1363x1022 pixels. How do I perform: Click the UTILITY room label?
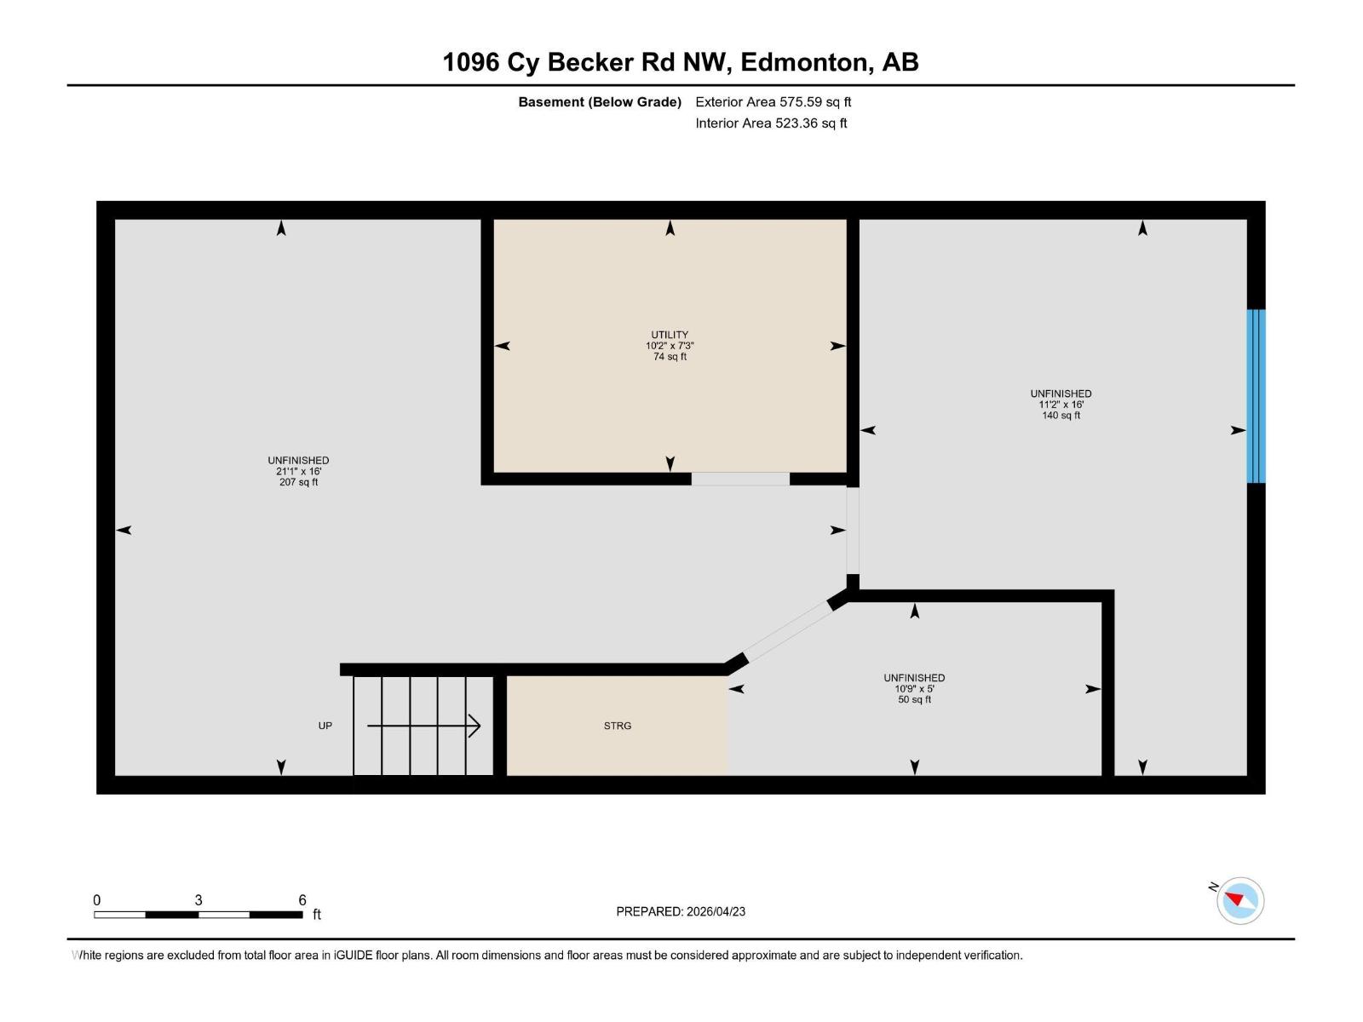coord(670,335)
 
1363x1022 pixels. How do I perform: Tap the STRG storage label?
coord(618,726)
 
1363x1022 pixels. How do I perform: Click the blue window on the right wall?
coord(1256,396)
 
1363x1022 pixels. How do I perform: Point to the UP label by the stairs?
coord(325,726)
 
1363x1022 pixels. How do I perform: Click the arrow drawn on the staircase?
coord(424,726)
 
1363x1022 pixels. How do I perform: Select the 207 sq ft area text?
coord(298,482)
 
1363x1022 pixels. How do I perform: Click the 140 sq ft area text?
coord(1061,416)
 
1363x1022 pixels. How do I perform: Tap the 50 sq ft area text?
coord(914,700)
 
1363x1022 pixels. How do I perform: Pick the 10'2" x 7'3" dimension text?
coord(670,346)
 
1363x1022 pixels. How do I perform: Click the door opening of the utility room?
coord(739,479)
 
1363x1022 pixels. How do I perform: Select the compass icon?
coord(1239,900)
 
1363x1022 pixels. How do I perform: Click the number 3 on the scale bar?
coord(198,900)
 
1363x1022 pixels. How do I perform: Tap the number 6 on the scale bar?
coord(302,900)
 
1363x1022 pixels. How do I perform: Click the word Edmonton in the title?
coord(805,62)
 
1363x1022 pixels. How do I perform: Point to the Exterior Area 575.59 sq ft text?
coord(773,102)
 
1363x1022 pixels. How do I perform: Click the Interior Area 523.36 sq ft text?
coord(771,123)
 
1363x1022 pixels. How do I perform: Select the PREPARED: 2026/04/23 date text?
coord(681,911)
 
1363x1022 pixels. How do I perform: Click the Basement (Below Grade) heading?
coord(600,102)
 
